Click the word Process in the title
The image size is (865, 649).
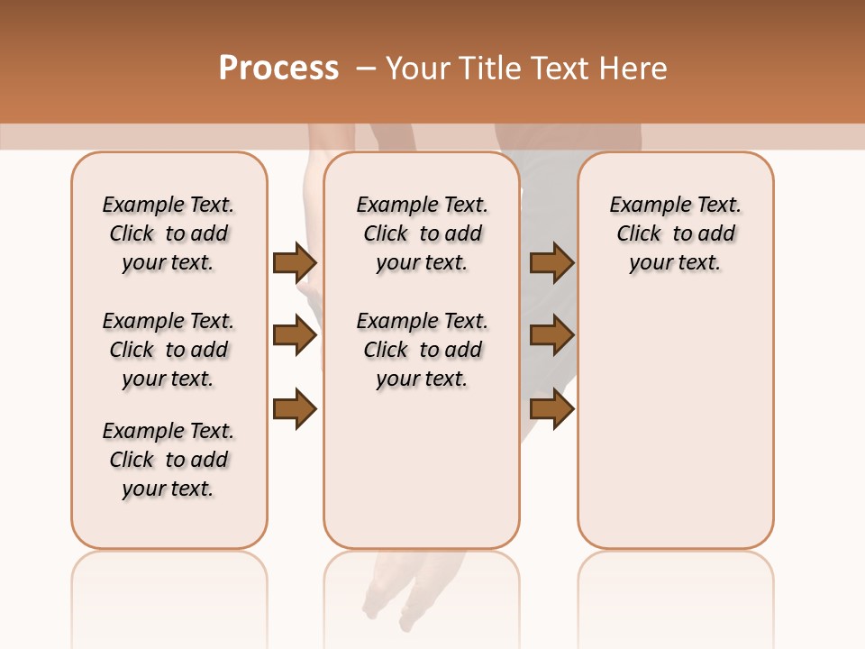tap(278, 69)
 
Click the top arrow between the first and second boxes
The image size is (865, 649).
tap(295, 263)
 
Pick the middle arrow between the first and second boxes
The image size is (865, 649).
tap(295, 336)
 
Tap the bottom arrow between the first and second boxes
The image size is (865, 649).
tap(295, 408)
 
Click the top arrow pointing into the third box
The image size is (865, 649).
tap(551, 263)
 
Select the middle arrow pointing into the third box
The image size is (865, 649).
tap(551, 336)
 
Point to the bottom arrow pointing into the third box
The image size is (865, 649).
tap(551, 408)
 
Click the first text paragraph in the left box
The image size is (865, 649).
tap(168, 233)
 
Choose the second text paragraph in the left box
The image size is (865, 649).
tap(168, 350)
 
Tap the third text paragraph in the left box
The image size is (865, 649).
tap(168, 460)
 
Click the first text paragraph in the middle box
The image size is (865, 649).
tap(422, 233)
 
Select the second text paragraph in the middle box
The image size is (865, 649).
tap(422, 350)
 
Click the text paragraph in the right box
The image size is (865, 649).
tap(675, 233)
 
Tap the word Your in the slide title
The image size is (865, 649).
tap(416, 69)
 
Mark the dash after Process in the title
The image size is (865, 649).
tap(366, 69)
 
